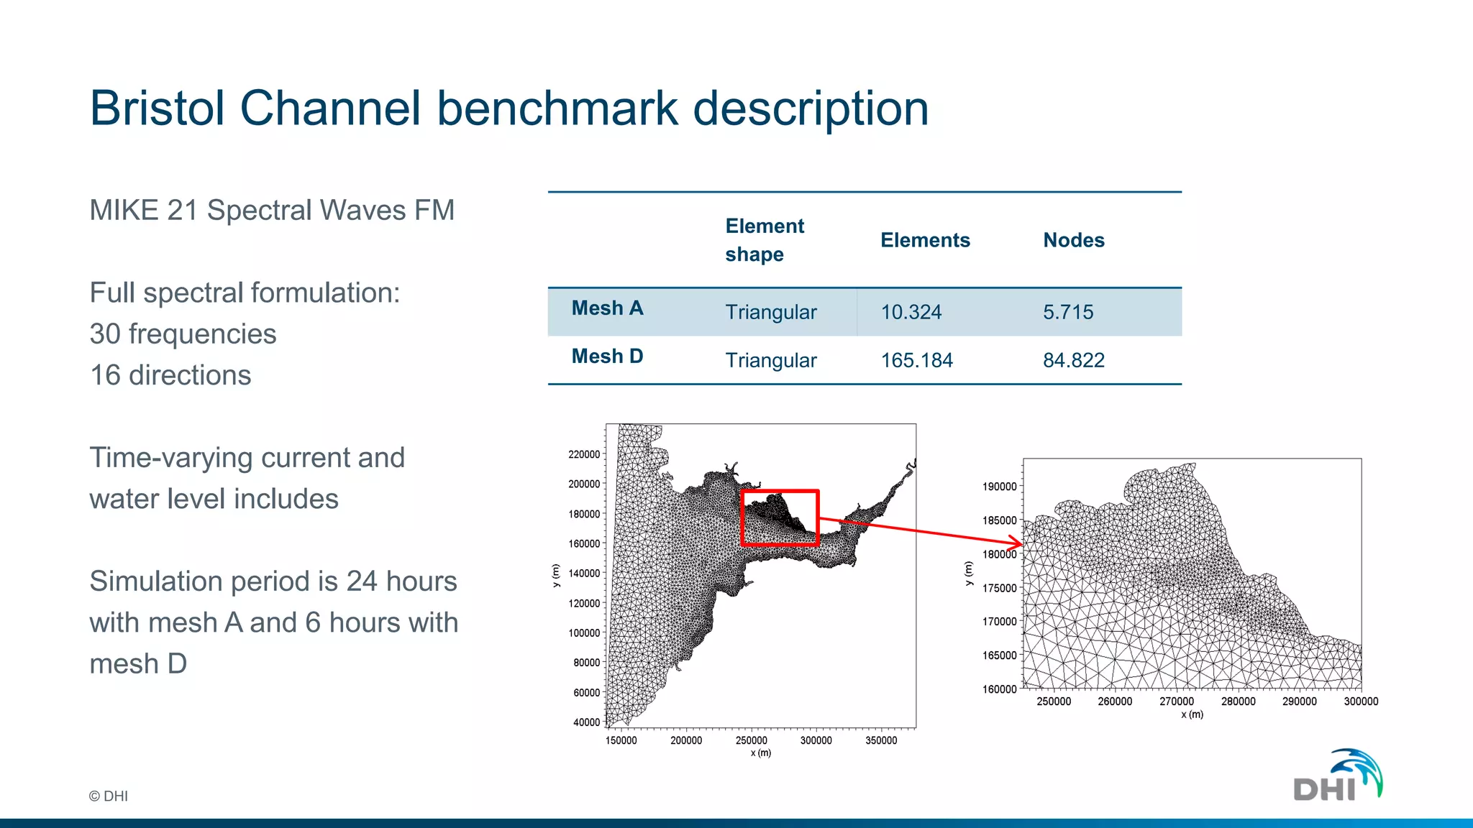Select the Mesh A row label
(607, 308)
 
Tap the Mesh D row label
(607, 356)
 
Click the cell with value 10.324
(911, 312)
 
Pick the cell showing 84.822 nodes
(1073, 360)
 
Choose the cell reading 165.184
(916, 360)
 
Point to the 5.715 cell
(1067, 312)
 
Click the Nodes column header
(1073, 240)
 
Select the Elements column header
(925, 240)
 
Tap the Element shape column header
(764, 240)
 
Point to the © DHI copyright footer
(109, 796)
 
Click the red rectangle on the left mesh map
(780, 492)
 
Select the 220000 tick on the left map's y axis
(583, 454)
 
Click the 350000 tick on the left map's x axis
(881, 740)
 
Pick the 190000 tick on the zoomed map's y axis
(999, 487)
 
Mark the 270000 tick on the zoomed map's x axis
(1177, 701)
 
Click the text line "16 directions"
(170, 375)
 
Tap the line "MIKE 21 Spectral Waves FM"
(272, 211)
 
